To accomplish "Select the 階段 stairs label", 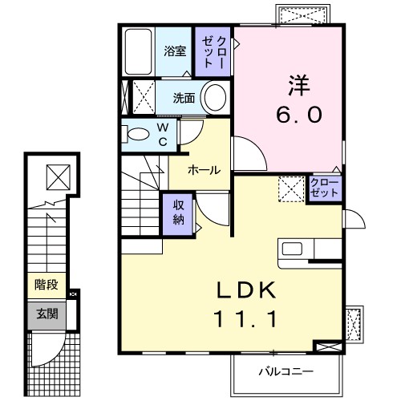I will click(45, 284).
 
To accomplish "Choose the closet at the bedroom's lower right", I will click(324, 189).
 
